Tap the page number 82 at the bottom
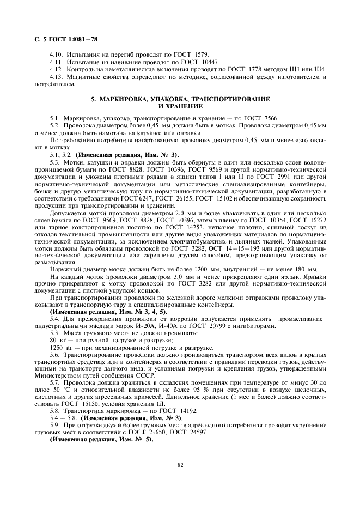tap(180, 465)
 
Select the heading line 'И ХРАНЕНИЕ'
tap(180, 106)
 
